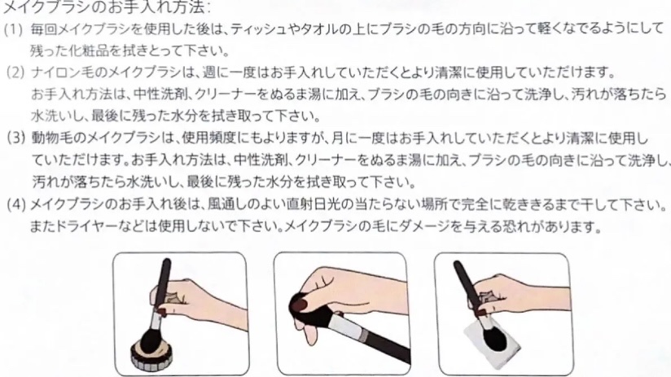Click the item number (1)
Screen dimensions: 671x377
tap(13, 29)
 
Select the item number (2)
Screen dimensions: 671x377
tap(15, 72)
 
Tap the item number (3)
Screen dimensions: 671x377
tap(15, 138)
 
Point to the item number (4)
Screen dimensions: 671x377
tap(16, 204)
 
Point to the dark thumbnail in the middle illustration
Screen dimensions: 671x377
tap(299, 305)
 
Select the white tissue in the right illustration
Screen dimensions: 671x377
tap(492, 342)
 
